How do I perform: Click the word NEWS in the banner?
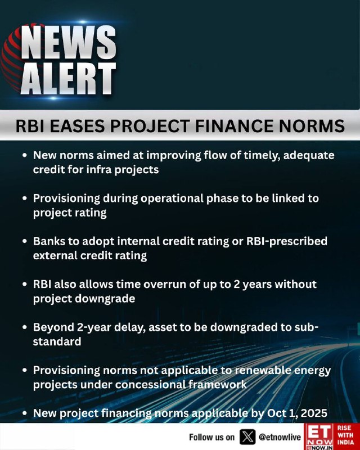pyautogui.click(x=69, y=43)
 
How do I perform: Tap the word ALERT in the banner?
pyautogui.click(x=69, y=78)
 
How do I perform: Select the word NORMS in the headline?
pyautogui.click(x=312, y=126)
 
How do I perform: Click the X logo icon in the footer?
pyautogui.click(x=247, y=437)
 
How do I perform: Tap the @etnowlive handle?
pyautogui.click(x=280, y=437)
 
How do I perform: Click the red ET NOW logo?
pyautogui.click(x=319, y=437)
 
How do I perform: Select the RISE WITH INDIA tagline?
pyautogui.click(x=345, y=435)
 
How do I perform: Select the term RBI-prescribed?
pyautogui.click(x=287, y=241)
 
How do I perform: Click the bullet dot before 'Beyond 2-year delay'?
pyautogui.click(x=25, y=327)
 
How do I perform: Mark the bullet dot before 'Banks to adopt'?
pyautogui.click(x=25, y=241)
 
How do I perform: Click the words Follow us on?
pyautogui.click(x=211, y=437)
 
